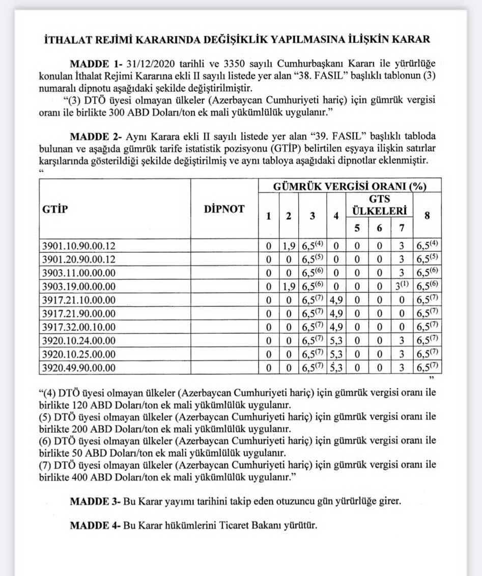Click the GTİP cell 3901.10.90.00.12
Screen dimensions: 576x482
79,246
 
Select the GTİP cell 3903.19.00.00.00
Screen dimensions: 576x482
79,286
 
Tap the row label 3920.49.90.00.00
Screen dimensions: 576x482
79,367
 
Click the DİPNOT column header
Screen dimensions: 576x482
224,208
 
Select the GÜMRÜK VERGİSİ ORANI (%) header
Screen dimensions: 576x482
350,186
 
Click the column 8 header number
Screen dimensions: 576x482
428,216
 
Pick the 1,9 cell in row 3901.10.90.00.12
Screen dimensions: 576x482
289,246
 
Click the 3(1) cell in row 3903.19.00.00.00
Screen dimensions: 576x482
402,286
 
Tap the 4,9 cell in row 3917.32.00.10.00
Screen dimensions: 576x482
335,327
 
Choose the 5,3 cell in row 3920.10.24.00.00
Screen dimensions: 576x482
335,340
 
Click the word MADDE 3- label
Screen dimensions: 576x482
95,501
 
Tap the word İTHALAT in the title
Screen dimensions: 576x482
67,39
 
